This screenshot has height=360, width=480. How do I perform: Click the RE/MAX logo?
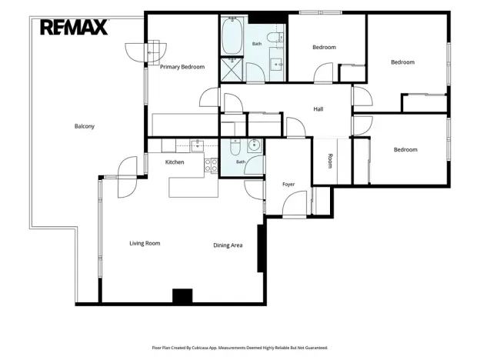coord(74,27)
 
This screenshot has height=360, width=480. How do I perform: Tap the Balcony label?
coord(85,126)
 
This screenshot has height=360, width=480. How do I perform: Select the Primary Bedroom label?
coord(182,67)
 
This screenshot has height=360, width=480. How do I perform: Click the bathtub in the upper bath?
coord(232,36)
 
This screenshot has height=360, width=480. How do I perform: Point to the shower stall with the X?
coord(232,69)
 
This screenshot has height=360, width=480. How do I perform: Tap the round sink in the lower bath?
coord(254,145)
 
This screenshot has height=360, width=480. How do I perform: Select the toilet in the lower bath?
coord(235,147)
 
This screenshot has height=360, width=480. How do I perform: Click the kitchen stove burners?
coord(212,165)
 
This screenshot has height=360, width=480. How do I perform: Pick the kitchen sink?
coord(198,145)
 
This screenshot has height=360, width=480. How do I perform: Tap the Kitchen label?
coord(175,162)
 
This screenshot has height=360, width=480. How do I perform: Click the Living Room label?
coord(145,243)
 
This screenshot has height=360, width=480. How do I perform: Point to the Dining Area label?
coord(228,245)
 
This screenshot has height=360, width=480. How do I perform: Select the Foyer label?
coord(288,185)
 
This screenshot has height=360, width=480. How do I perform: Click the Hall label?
coord(318,109)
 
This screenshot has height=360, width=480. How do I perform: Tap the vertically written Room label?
coord(330,161)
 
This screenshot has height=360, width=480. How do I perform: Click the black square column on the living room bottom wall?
coord(182,296)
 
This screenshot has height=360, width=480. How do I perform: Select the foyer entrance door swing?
coord(295,205)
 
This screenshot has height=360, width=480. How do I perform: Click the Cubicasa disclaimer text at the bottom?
coord(240,348)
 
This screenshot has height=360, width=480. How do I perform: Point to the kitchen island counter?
coord(194,187)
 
